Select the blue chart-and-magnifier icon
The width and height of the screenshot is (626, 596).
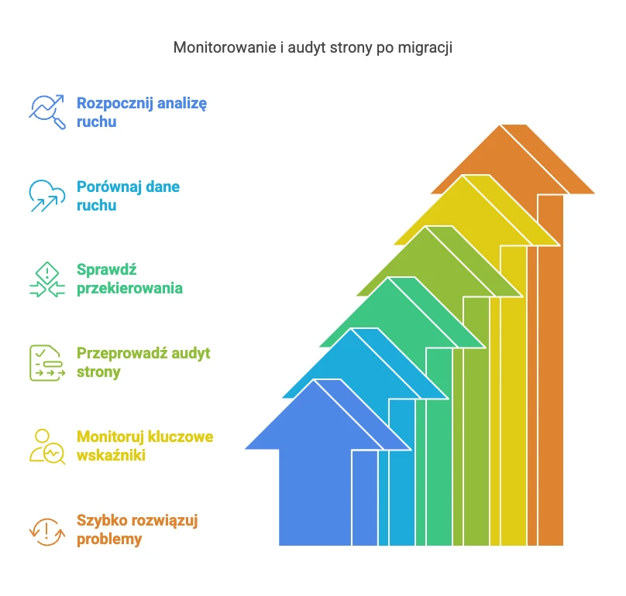click(x=47, y=111)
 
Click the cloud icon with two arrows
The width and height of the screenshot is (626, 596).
click(x=47, y=196)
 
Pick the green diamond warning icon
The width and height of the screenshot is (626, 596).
click(x=47, y=279)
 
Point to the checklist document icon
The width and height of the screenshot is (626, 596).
click(x=47, y=363)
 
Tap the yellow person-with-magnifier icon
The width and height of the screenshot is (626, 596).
click(x=47, y=447)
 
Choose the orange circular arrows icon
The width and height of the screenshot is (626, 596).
click(x=47, y=532)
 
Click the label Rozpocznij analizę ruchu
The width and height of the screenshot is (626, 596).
click(x=142, y=112)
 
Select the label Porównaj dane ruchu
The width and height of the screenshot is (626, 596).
click(x=128, y=196)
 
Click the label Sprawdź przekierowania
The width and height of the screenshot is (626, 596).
click(x=129, y=279)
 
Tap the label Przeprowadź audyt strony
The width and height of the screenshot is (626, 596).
click(x=143, y=362)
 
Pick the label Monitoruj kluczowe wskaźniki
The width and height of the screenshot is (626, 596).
click(x=145, y=446)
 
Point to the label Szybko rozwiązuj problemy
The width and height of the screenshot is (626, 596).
click(x=137, y=529)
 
